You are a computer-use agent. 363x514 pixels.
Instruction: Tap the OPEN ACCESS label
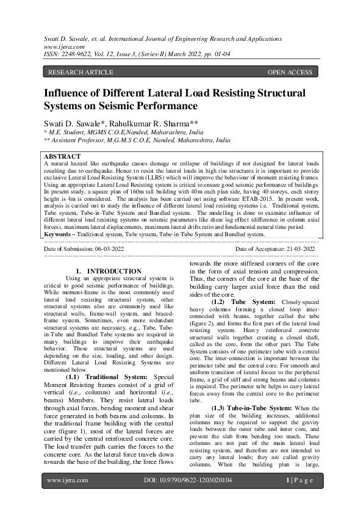[290, 72]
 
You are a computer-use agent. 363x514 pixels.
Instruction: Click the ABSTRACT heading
[63, 156]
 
